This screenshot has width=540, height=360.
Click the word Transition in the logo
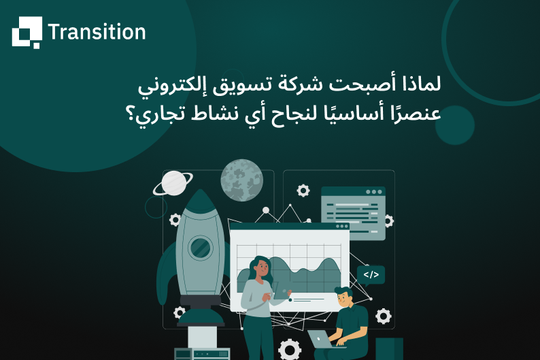click(x=97, y=32)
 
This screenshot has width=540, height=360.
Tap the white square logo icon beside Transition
click(x=27, y=32)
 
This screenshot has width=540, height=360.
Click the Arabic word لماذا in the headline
click(x=422, y=86)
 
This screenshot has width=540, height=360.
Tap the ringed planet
click(x=173, y=182)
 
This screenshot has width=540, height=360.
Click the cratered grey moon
click(x=241, y=180)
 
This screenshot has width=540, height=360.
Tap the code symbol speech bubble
click(x=371, y=275)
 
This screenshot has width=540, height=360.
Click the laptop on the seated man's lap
click(x=320, y=339)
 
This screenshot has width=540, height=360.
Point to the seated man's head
click(x=344, y=297)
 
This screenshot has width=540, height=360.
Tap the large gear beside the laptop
click(x=289, y=350)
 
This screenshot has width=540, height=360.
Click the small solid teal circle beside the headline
click(x=454, y=125)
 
